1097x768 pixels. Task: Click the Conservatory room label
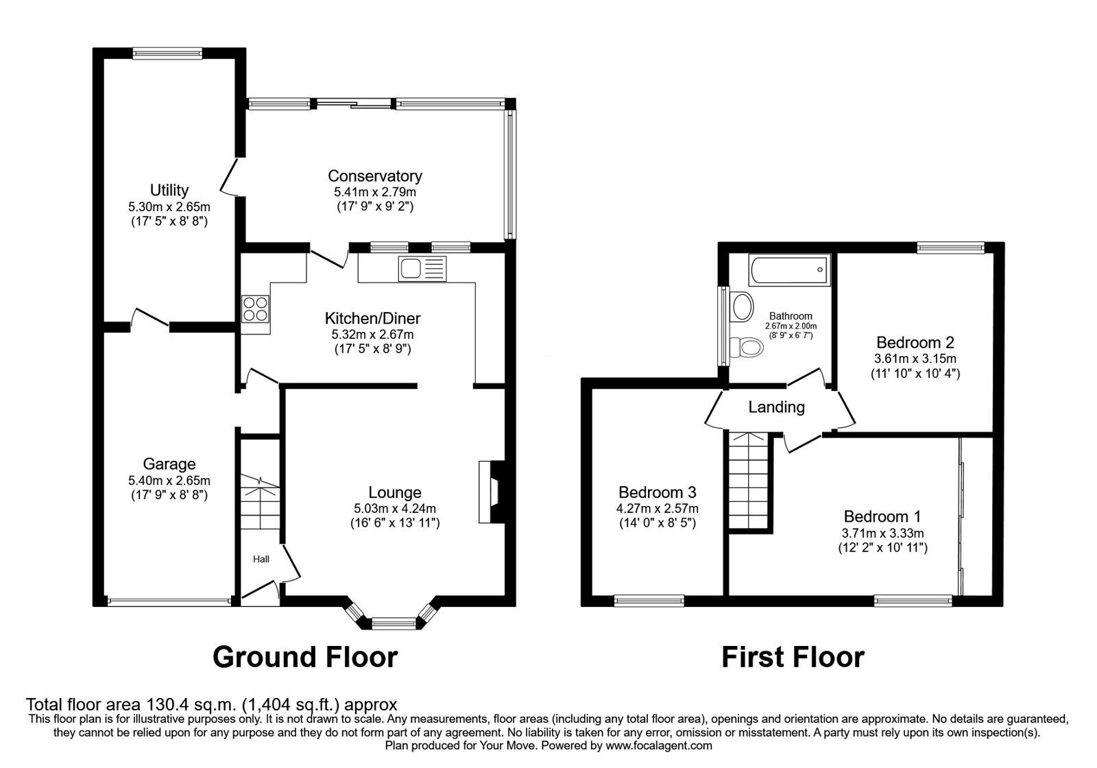pyautogui.click(x=374, y=176)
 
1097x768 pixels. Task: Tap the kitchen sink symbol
pyautogui.click(x=422, y=269)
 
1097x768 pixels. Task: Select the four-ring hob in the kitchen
pyautogui.click(x=255, y=308)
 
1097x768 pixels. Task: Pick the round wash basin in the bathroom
pyautogui.click(x=741, y=306)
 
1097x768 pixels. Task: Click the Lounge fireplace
pyautogui.click(x=490, y=492)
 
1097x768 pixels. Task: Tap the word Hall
pyautogui.click(x=261, y=560)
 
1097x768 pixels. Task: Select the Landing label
pyautogui.click(x=776, y=407)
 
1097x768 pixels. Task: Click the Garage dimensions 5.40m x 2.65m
pyautogui.click(x=169, y=481)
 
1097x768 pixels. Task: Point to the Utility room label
pyautogui.click(x=169, y=190)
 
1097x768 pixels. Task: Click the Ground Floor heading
pyautogui.click(x=304, y=657)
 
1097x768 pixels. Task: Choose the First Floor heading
pyautogui.click(x=793, y=657)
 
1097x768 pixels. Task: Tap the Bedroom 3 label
pyautogui.click(x=657, y=492)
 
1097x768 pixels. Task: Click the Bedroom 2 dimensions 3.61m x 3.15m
pyautogui.click(x=915, y=359)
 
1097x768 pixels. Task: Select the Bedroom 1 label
pyautogui.click(x=882, y=517)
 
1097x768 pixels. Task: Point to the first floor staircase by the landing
pyautogui.click(x=750, y=480)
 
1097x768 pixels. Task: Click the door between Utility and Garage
pyautogui.click(x=149, y=320)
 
